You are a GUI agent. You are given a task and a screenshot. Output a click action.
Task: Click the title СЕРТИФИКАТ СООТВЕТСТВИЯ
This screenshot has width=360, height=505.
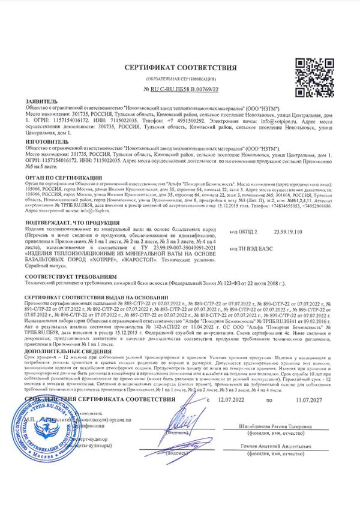[180, 68]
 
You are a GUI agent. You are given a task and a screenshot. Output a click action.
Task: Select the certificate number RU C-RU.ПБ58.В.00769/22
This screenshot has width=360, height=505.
[180, 89]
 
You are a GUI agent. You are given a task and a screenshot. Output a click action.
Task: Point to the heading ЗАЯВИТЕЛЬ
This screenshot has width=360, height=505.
[42, 102]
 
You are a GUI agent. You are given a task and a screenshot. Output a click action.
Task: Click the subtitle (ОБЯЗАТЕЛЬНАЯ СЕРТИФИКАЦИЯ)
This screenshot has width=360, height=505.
[180, 79]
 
